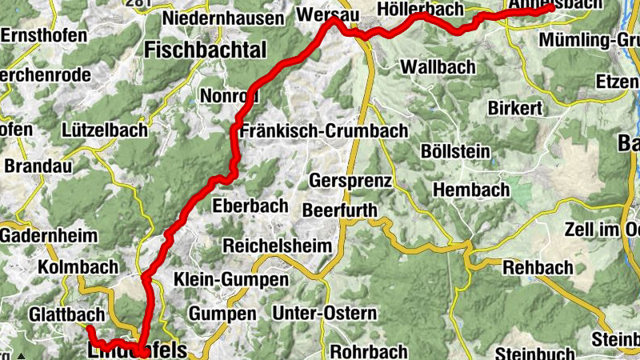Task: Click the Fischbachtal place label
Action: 205,50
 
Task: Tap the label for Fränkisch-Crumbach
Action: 322,130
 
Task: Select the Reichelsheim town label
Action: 277,245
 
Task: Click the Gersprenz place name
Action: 350,181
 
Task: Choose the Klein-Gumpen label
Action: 232,280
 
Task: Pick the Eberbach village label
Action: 250,206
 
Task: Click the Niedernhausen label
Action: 223,18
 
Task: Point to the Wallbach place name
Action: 438,66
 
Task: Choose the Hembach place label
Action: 471,190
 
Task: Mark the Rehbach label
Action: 538,267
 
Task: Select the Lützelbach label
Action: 104,129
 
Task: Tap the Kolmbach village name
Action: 78,266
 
